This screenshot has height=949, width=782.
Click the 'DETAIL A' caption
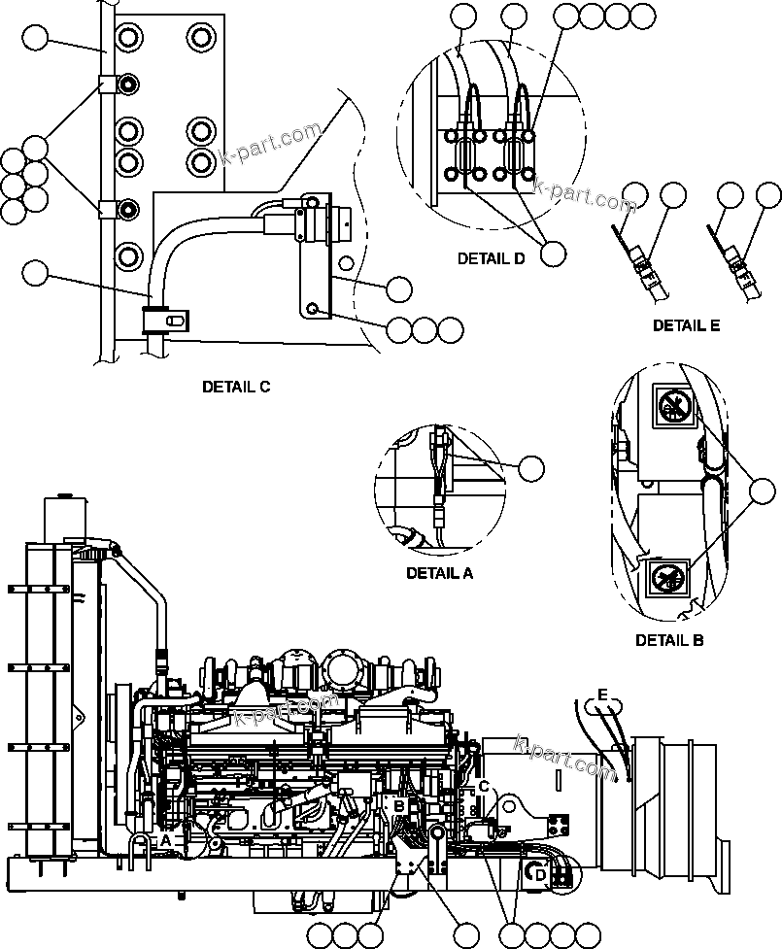click(439, 573)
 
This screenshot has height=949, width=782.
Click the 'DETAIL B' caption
click(669, 640)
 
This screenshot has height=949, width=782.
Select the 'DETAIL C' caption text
click(236, 387)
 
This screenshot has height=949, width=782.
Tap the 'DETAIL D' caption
click(491, 259)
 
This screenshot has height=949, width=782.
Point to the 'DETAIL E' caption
click(686, 325)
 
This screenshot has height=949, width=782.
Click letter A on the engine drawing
click(165, 839)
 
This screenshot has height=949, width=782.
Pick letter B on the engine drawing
click(398, 805)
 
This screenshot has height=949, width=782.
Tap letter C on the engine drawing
click(483, 787)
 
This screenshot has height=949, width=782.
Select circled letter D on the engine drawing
click(541, 875)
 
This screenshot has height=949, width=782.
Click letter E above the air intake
click(602, 695)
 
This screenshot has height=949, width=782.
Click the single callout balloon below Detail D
click(553, 253)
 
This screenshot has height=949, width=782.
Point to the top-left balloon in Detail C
click(35, 39)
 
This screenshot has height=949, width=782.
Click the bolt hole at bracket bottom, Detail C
click(313, 308)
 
